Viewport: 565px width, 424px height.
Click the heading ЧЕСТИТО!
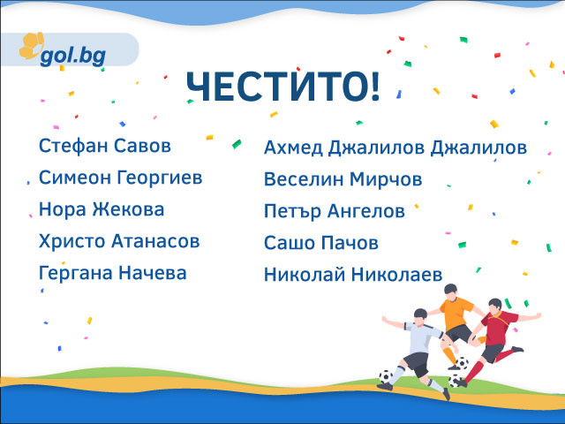[282, 87]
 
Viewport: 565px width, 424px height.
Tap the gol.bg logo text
[73, 56]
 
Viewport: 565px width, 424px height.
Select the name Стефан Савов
[105, 146]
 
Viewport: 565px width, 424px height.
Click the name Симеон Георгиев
[121, 178]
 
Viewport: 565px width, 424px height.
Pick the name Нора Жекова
[102, 209]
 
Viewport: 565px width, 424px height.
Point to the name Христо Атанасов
[119, 241]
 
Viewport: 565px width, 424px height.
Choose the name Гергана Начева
[113, 273]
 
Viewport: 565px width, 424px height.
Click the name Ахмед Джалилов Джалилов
[395, 148]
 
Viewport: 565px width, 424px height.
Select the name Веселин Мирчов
[343, 179]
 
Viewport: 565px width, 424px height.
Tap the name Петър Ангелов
[335, 211]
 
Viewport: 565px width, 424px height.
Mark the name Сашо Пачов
[321, 243]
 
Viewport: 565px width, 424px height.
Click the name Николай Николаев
[353, 275]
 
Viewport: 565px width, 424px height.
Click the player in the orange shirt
[456, 324]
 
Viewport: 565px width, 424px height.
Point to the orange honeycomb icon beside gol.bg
[32, 46]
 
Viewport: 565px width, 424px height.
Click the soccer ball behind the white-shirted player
[386, 377]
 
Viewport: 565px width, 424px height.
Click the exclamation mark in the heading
[375, 87]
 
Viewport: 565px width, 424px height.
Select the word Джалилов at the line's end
[478, 148]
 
